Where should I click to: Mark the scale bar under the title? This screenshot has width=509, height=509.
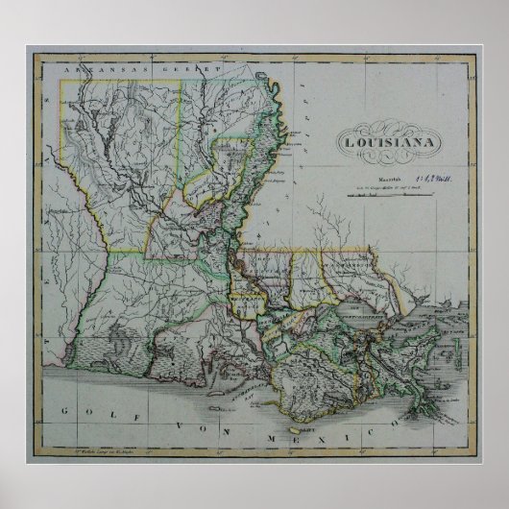389,193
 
